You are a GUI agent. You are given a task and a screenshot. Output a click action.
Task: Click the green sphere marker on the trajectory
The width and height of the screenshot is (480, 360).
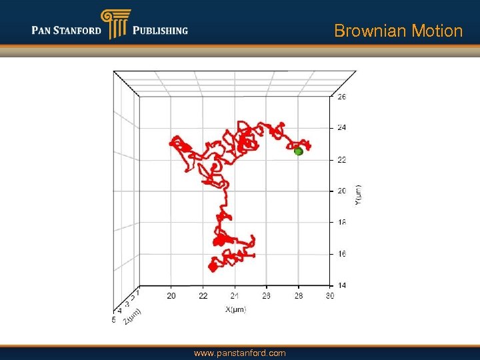click(x=299, y=152)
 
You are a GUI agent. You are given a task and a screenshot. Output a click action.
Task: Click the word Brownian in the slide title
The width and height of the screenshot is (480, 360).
click(x=365, y=31)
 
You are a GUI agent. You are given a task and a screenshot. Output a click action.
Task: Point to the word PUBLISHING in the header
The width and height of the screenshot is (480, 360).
click(x=161, y=31)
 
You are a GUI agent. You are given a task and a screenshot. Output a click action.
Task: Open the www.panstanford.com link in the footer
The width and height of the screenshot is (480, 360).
click(x=239, y=353)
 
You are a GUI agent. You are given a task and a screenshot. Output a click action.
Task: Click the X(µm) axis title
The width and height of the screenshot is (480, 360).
click(x=235, y=310)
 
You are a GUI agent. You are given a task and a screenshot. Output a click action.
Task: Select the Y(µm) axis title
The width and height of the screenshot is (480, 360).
click(x=358, y=195)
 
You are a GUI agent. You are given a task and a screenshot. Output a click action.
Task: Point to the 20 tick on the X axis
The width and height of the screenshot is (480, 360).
click(x=171, y=296)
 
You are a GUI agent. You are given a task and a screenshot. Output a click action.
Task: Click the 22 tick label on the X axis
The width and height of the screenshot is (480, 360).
click(x=203, y=296)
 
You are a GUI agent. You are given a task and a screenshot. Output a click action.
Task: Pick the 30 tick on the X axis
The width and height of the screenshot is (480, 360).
click(x=329, y=296)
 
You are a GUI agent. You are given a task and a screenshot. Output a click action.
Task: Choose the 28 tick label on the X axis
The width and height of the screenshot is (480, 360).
click(x=299, y=296)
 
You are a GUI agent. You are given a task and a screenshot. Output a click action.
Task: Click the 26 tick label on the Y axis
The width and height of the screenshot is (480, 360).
click(x=341, y=97)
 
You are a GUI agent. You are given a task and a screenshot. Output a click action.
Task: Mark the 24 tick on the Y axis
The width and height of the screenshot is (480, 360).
click(x=341, y=127)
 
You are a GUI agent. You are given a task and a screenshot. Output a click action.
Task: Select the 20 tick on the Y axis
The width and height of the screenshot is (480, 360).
click(x=341, y=191)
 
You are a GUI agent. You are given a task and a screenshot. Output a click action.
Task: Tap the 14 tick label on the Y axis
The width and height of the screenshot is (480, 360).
click(x=341, y=285)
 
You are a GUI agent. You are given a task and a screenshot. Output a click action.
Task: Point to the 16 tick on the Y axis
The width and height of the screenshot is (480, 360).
click(x=341, y=254)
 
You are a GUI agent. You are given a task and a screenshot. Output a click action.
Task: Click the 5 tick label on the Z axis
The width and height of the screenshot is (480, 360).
click(x=114, y=321)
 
